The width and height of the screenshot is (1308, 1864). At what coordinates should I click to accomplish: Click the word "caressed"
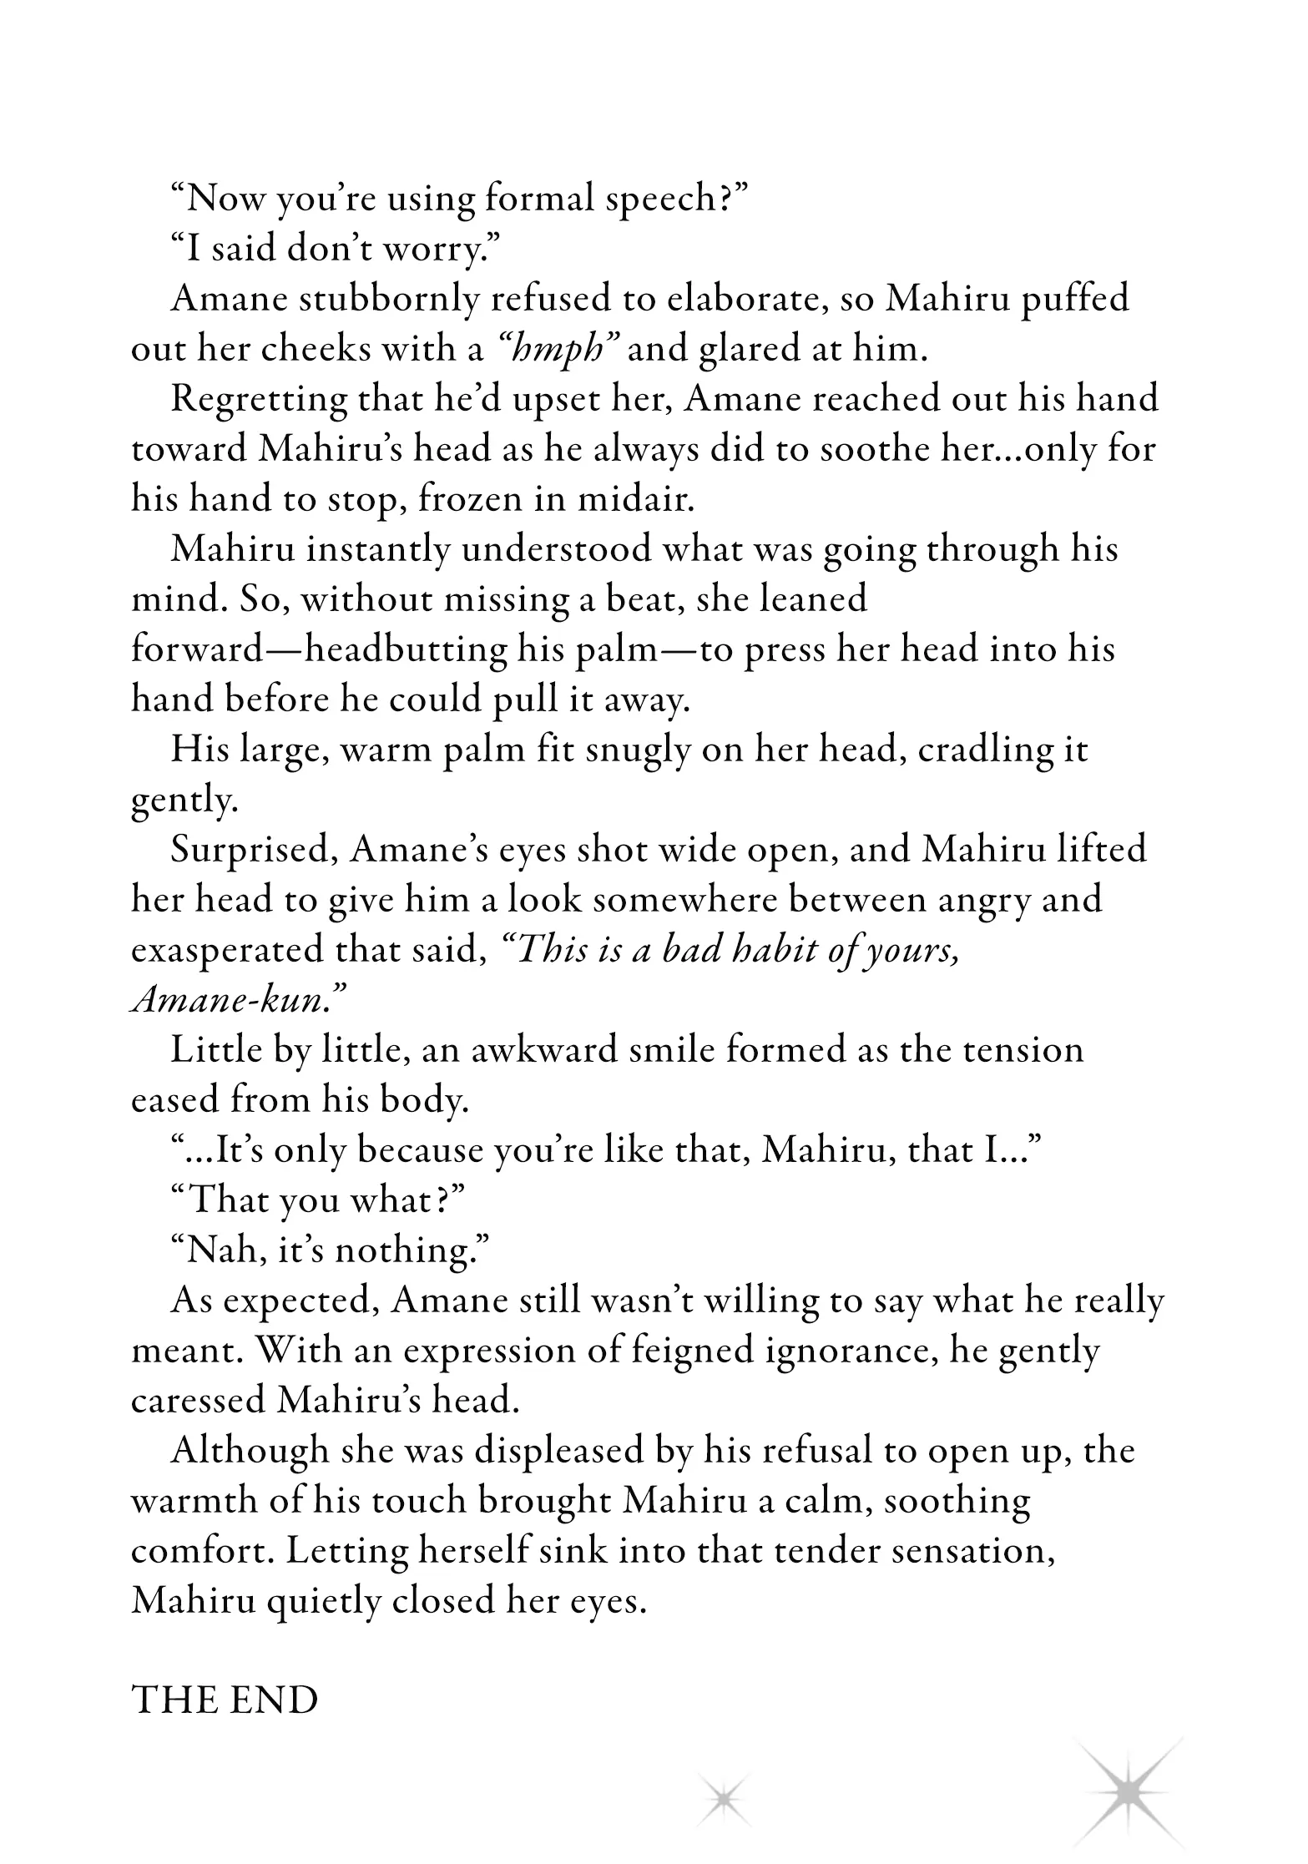tap(198, 1401)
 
